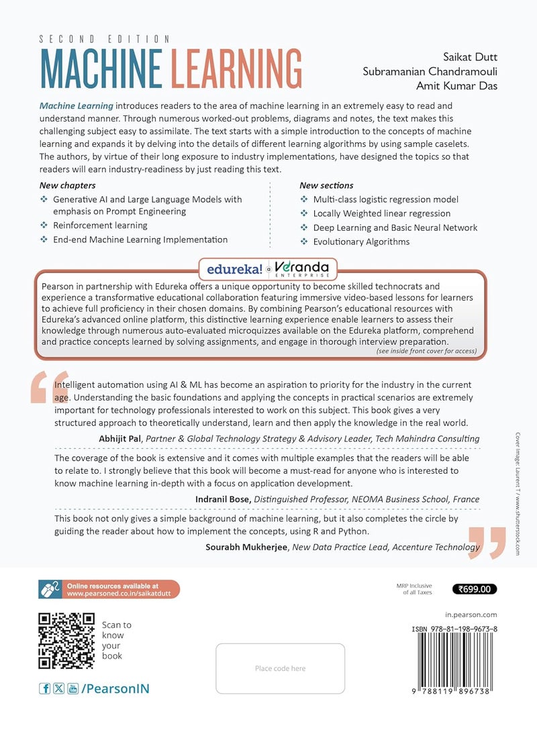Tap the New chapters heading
click(67, 185)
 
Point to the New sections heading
click(326, 185)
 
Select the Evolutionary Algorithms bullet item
click(361, 242)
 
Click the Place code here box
click(280, 668)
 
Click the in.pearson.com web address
click(471, 614)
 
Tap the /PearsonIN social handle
click(115, 688)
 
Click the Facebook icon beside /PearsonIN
click(45, 688)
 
